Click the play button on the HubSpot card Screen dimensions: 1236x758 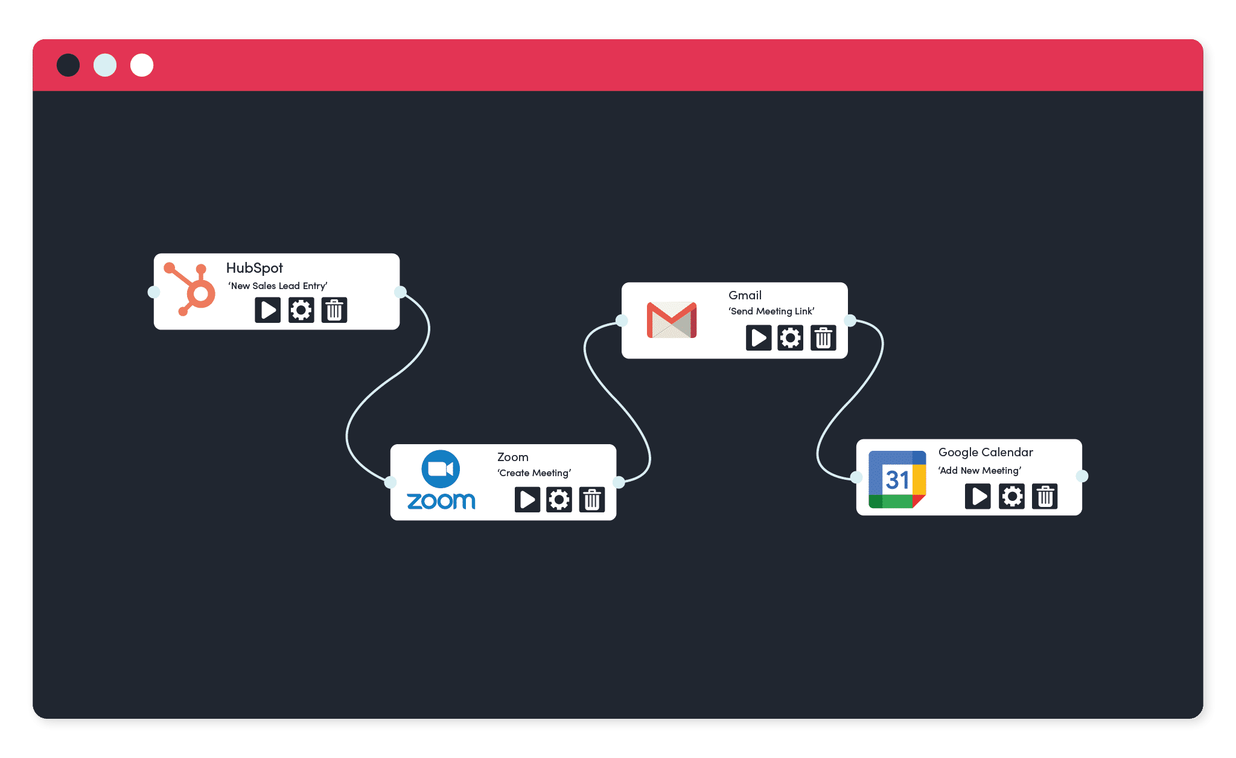tap(267, 310)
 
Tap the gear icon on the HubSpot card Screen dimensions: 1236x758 tap(301, 310)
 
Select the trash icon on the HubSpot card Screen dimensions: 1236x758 tap(334, 310)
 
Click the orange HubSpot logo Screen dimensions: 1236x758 tap(190, 289)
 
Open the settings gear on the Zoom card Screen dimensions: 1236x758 tap(559, 500)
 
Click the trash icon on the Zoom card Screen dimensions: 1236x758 tap(592, 500)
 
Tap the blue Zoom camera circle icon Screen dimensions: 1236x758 tap(441, 469)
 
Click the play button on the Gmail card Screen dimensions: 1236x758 tap(759, 338)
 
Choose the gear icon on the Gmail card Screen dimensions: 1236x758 tap(791, 338)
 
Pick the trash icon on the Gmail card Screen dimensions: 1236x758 tap(823, 338)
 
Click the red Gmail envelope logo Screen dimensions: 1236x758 tap(672, 320)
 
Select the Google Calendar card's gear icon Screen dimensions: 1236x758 tap(1012, 497)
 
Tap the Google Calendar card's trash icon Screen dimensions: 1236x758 tap(1045, 497)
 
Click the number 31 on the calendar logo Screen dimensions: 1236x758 tap(897, 480)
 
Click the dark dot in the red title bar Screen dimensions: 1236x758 tap(68, 65)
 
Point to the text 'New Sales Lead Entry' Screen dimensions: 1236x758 tap(278, 286)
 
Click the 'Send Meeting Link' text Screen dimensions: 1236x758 tap(772, 311)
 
